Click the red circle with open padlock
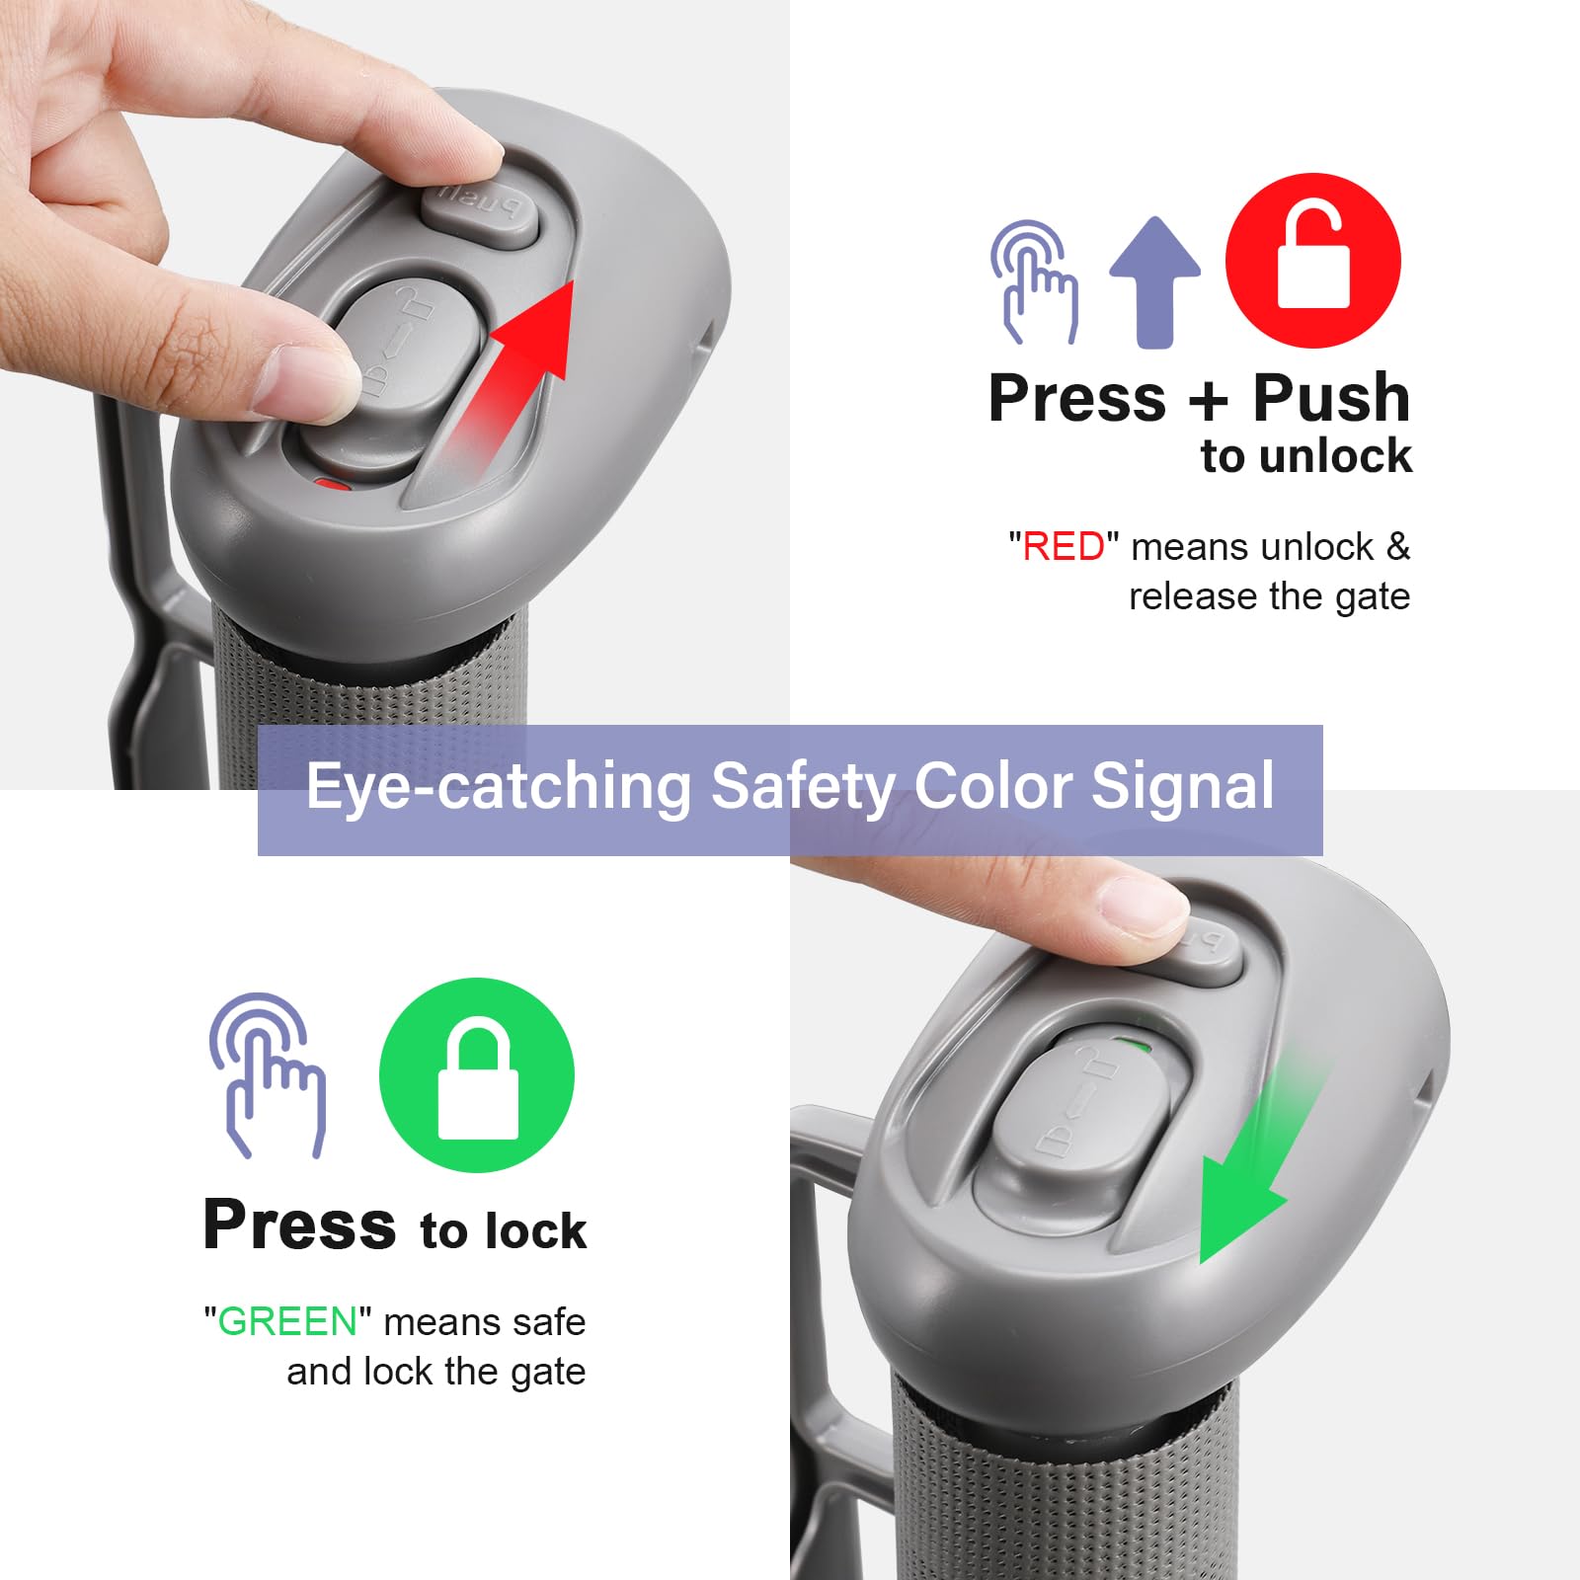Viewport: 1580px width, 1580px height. [x=1312, y=260]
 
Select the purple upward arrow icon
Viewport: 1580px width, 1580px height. [x=1154, y=281]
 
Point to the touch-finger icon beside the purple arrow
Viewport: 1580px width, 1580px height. [x=1034, y=281]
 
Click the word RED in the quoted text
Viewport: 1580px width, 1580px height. [x=1063, y=546]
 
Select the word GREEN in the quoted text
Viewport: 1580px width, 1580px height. [x=287, y=1321]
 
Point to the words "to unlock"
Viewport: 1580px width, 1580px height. [x=1305, y=455]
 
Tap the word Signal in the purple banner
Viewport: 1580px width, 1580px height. [x=1182, y=786]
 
